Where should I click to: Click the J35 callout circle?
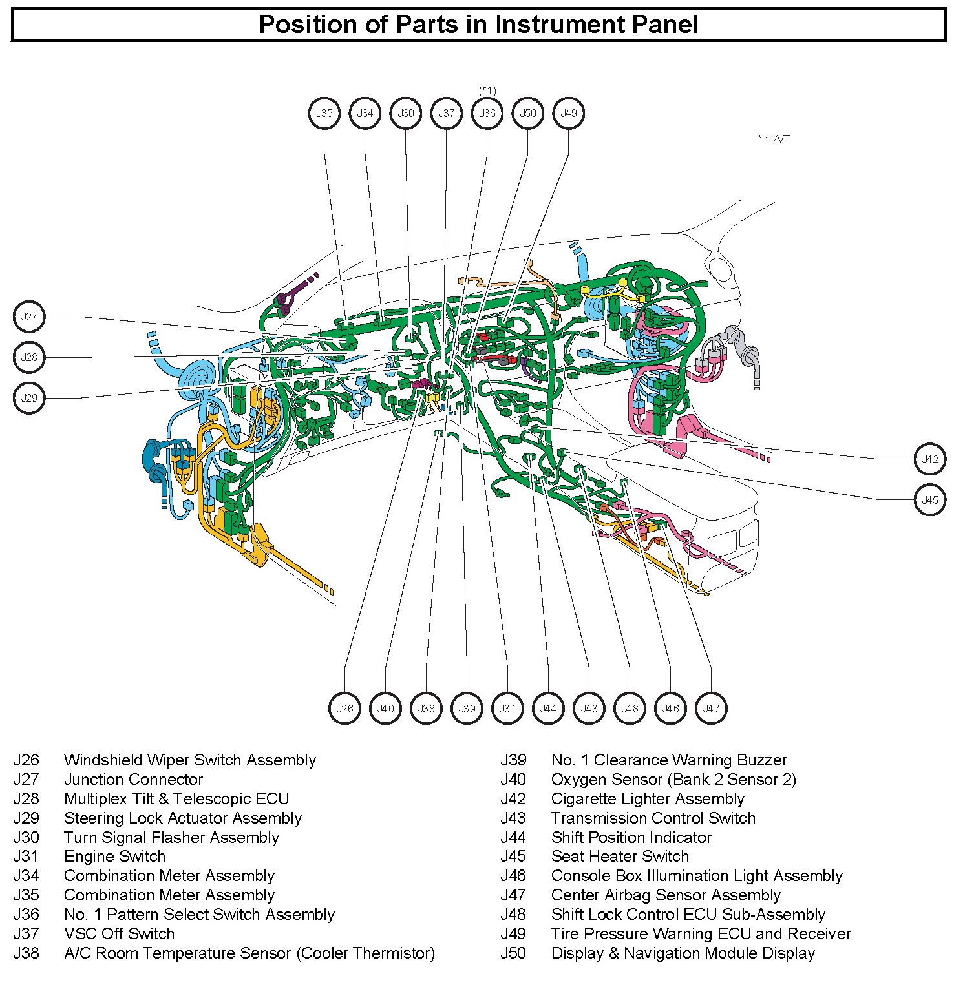click(324, 113)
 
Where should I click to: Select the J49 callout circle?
click(569, 113)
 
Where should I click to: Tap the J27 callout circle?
click(29, 317)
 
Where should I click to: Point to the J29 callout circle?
click(29, 398)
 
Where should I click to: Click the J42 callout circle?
click(930, 459)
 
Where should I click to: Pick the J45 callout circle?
click(930, 500)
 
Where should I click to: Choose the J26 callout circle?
click(344, 709)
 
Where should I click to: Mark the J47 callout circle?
click(711, 709)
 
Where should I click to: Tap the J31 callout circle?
click(507, 709)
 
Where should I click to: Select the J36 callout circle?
click(487, 113)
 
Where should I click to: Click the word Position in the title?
click(301, 25)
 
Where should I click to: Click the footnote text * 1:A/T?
click(773, 139)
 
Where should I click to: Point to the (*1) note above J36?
click(487, 90)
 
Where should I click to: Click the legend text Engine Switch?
click(114, 857)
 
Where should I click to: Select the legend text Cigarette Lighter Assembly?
click(648, 799)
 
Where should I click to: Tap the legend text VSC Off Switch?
click(119, 934)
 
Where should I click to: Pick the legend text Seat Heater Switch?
click(620, 857)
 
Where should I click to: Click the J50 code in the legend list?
click(513, 953)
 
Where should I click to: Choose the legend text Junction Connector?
click(133, 780)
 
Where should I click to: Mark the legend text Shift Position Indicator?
click(631, 838)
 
